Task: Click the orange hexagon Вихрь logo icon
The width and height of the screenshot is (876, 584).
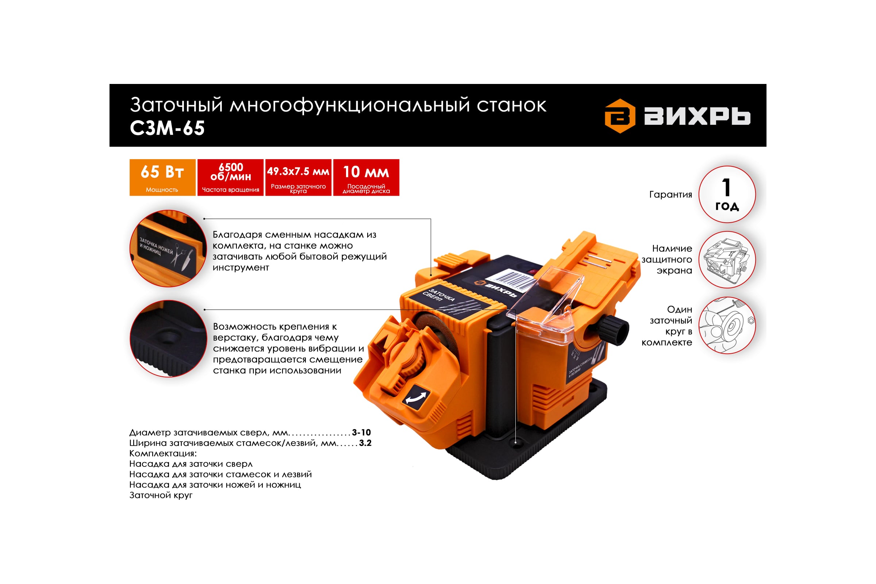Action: click(620, 116)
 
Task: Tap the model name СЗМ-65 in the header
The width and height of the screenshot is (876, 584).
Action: click(167, 128)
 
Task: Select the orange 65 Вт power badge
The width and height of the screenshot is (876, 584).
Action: click(162, 177)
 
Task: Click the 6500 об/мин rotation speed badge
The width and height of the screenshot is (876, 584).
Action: click(231, 177)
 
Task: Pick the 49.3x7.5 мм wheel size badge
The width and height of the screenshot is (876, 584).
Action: click(298, 177)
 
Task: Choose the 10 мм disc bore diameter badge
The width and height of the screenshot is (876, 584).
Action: click(366, 177)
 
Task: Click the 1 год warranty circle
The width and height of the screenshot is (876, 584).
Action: click(727, 195)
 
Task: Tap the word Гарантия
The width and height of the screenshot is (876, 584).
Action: click(671, 195)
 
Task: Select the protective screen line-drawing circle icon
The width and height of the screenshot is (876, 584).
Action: click(727, 260)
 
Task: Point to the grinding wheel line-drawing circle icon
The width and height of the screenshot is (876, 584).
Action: click(727, 325)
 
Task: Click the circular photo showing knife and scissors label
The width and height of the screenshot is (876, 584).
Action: click(168, 249)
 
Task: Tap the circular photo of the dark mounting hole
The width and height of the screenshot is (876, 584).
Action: click(168, 339)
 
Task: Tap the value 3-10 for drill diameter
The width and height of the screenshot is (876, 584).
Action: click(361, 433)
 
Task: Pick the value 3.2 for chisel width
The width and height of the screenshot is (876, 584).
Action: click(365, 443)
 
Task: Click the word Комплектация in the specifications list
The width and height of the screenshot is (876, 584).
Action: click(163, 454)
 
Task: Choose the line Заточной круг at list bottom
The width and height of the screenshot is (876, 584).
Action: click(161, 495)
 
